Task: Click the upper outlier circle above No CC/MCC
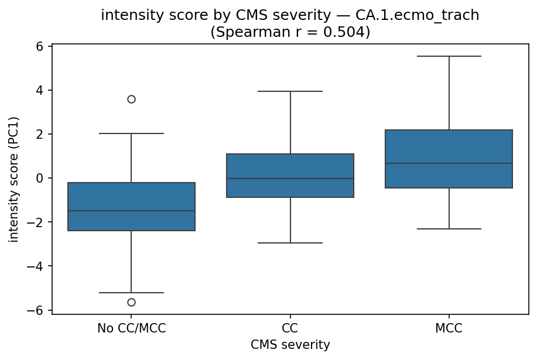[131, 99]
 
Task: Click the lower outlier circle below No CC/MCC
[131, 302]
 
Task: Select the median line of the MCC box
[449, 163]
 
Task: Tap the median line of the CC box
[290, 179]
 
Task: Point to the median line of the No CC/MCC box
[131, 211]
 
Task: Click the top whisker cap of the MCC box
[449, 56]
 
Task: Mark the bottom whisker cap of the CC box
[290, 242]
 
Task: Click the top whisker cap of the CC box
[290, 91]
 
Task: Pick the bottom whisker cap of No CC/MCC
[131, 292]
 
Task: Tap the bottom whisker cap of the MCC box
[449, 229]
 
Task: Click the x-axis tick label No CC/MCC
[131, 328]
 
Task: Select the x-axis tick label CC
[290, 328]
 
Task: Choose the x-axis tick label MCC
[449, 328]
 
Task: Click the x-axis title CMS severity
[290, 345]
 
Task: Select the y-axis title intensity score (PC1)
[14, 179]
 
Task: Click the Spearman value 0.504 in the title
[343, 32]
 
